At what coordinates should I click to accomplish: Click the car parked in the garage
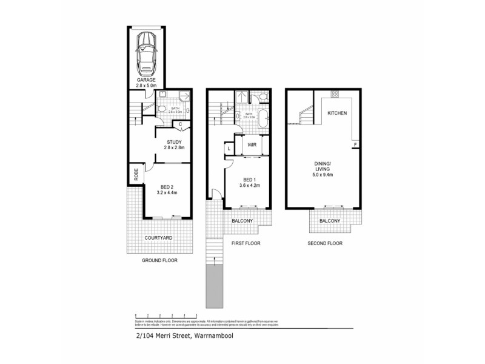[x=147, y=52]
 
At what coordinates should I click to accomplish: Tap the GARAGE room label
[x=147, y=79]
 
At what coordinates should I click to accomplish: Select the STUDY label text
[x=166, y=143]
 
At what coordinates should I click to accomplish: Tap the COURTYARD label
[x=158, y=238]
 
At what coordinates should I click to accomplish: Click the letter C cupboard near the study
[x=181, y=124]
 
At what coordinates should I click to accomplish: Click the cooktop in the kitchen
[x=334, y=94]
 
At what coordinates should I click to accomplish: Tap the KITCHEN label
[x=337, y=113]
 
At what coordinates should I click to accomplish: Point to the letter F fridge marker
[x=355, y=144]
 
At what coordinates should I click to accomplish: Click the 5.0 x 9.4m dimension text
[x=322, y=175]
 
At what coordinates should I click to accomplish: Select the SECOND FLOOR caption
[x=324, y=243]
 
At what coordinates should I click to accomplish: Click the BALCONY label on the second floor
[x=330, y=221]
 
